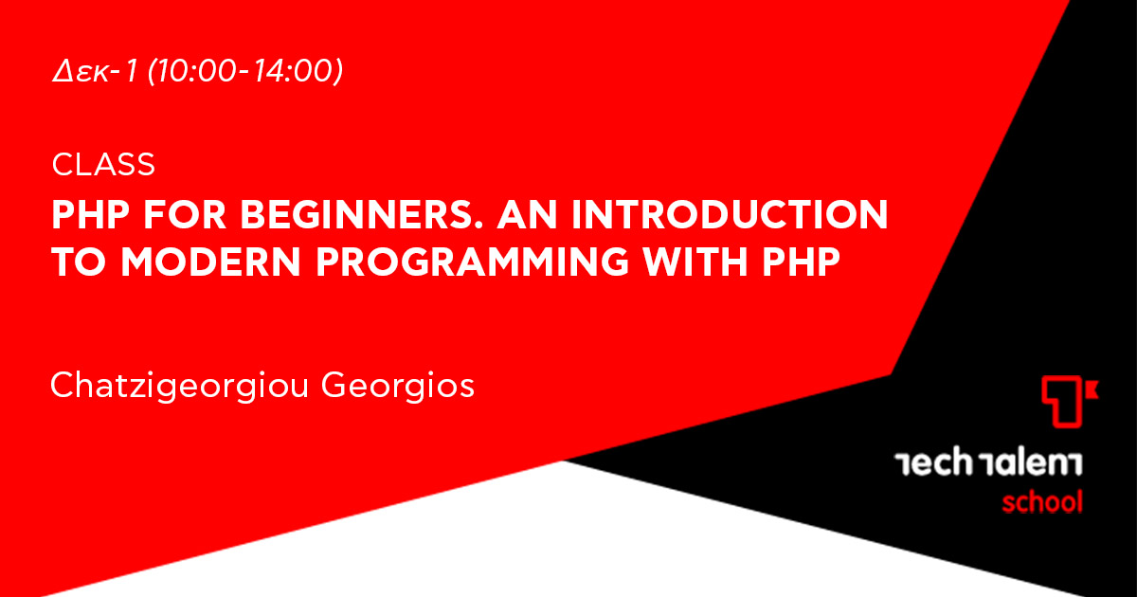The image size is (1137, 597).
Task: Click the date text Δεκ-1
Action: (x=95, y=70)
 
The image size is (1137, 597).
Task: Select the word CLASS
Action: (x=103, y=165)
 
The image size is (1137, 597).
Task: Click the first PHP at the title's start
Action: (x=91, y=215)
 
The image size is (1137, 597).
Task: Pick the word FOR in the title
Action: (x=185, y=215)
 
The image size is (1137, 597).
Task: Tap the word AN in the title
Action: (x=528, y=215)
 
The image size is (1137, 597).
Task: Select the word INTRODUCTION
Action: (x=730, y=215)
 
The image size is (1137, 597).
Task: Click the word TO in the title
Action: (x=79, y=262)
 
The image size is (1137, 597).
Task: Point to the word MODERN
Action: (x=211, y=262)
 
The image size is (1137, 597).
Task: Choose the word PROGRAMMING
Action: (x=473, y=262)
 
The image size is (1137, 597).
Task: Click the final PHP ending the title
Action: (x=802, y=262)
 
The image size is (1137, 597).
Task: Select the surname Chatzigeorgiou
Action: (x=180, y=387)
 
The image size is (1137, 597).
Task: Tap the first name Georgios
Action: (x=398, y=387)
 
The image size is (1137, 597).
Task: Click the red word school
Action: (x=1042, y=502)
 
